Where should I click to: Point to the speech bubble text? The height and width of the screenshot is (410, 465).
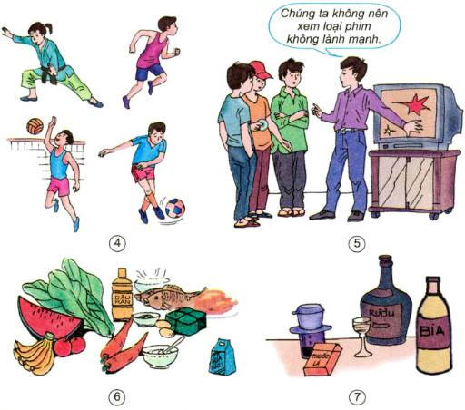click(x=321, y=28)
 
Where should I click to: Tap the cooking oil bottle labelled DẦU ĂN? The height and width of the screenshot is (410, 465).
click(x=123, y=295)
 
